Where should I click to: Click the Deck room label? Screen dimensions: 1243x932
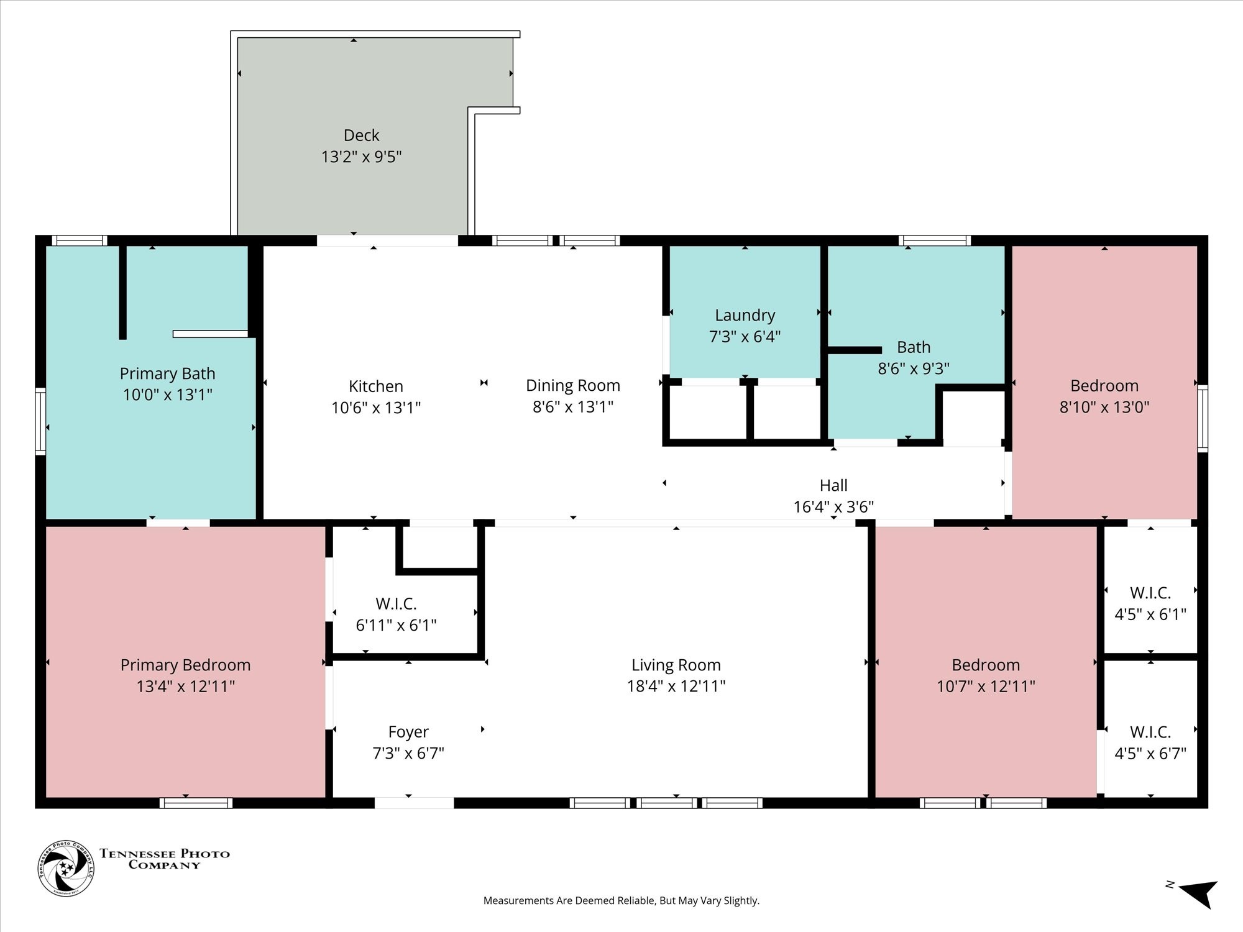point(361,135)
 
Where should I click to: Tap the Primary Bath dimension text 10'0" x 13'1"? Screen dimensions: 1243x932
point(167,395)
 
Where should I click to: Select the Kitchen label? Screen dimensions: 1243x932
point(376,386)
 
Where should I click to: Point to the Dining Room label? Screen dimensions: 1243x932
point(573,386)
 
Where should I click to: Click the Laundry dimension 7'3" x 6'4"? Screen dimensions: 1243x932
point(745,337)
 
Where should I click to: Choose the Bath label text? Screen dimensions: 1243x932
point(914,347)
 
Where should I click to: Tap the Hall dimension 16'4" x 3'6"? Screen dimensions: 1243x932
point(833,507)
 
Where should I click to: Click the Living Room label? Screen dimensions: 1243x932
point(676,665)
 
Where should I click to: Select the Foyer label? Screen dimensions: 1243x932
point(408,733)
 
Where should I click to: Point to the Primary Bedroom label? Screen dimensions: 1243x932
point(185,665)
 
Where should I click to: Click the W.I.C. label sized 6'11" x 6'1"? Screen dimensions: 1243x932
point(396,604)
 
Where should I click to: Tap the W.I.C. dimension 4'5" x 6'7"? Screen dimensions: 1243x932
point(1150,754)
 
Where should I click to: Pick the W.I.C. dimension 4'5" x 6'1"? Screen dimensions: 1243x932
point(1150,614)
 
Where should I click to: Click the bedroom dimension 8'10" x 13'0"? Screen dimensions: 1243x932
point(1104,407)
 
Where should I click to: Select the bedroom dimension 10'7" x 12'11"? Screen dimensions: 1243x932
point(986,687)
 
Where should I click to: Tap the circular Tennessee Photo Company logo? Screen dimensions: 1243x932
point(67,868)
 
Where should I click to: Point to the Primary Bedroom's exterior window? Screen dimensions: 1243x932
point(196,803)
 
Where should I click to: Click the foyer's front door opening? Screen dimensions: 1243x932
point(414,803)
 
